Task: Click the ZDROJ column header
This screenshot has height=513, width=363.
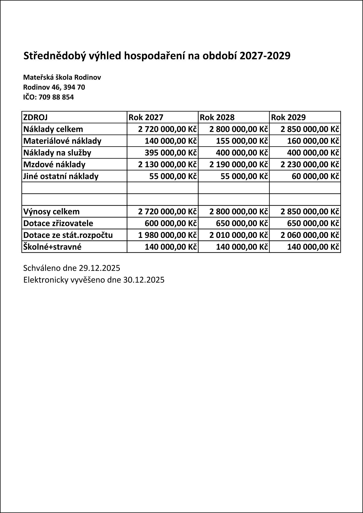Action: [x=36, y=117]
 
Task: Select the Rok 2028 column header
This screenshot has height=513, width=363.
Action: [x=217, y=117]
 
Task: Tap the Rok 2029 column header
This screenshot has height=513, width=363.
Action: [x=288, y=117]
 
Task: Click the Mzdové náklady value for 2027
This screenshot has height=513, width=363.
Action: [x=167, y=164]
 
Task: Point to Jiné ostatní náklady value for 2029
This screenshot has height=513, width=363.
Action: [x=315, y=176]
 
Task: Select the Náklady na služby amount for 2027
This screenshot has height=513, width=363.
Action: [x=171, y=153]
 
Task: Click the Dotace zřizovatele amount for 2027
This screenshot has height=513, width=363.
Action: [x=171, y=223]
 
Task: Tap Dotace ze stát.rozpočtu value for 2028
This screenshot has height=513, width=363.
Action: [x=239, y=235]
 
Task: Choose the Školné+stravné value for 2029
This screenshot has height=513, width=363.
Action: [x=313, y=247]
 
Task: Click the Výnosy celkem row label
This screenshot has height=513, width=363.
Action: [x=51, y=211]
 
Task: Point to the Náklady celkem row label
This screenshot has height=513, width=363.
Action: [x=53, y=129]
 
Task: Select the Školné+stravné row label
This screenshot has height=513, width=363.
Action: [x=52, y=247]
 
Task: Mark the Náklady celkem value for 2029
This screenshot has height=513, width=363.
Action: [x=310, y=129]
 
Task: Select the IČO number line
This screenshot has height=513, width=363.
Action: [x=48, y=97]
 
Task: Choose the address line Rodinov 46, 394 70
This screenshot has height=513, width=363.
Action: [x=54, y=87]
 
